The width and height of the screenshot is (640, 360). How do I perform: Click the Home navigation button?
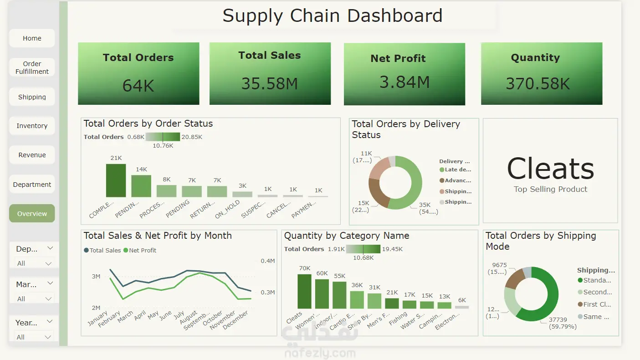click(x=32, y=38)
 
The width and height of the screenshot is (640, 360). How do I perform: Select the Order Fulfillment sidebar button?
click(x=32, y=67)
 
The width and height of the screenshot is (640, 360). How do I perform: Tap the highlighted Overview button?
click(x=32, y=213)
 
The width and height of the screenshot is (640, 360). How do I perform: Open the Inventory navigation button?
click(x=32, y=126)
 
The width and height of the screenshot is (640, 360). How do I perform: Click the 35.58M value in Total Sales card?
click(x=270, y=84)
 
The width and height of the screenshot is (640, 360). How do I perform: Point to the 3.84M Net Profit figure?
click(x=404, y=82)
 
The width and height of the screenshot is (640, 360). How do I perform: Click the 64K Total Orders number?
click(x=138, y=86)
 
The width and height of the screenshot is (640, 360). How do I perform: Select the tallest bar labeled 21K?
click(x=116, y=180)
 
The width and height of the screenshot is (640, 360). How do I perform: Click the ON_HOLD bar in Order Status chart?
click(x=242, y=194)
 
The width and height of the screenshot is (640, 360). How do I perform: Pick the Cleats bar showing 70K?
click(x=304, y=291)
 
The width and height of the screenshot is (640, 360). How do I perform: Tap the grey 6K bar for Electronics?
click(x=461, y=307)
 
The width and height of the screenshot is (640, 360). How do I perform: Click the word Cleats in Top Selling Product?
click(x=550, y=169)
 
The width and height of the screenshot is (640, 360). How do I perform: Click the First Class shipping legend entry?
click(x=596, y=304)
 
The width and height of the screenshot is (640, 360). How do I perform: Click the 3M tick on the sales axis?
click(x=96, y=277)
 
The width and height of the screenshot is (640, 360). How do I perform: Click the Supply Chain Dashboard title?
click(x=333, y=16)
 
